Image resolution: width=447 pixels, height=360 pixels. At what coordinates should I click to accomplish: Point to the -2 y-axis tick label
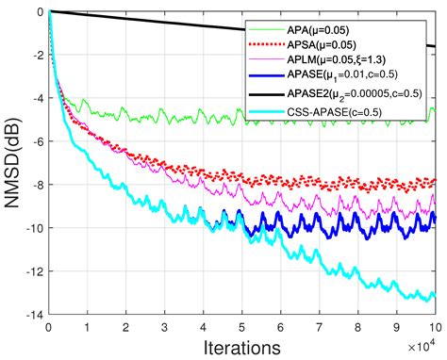pos(34,55)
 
